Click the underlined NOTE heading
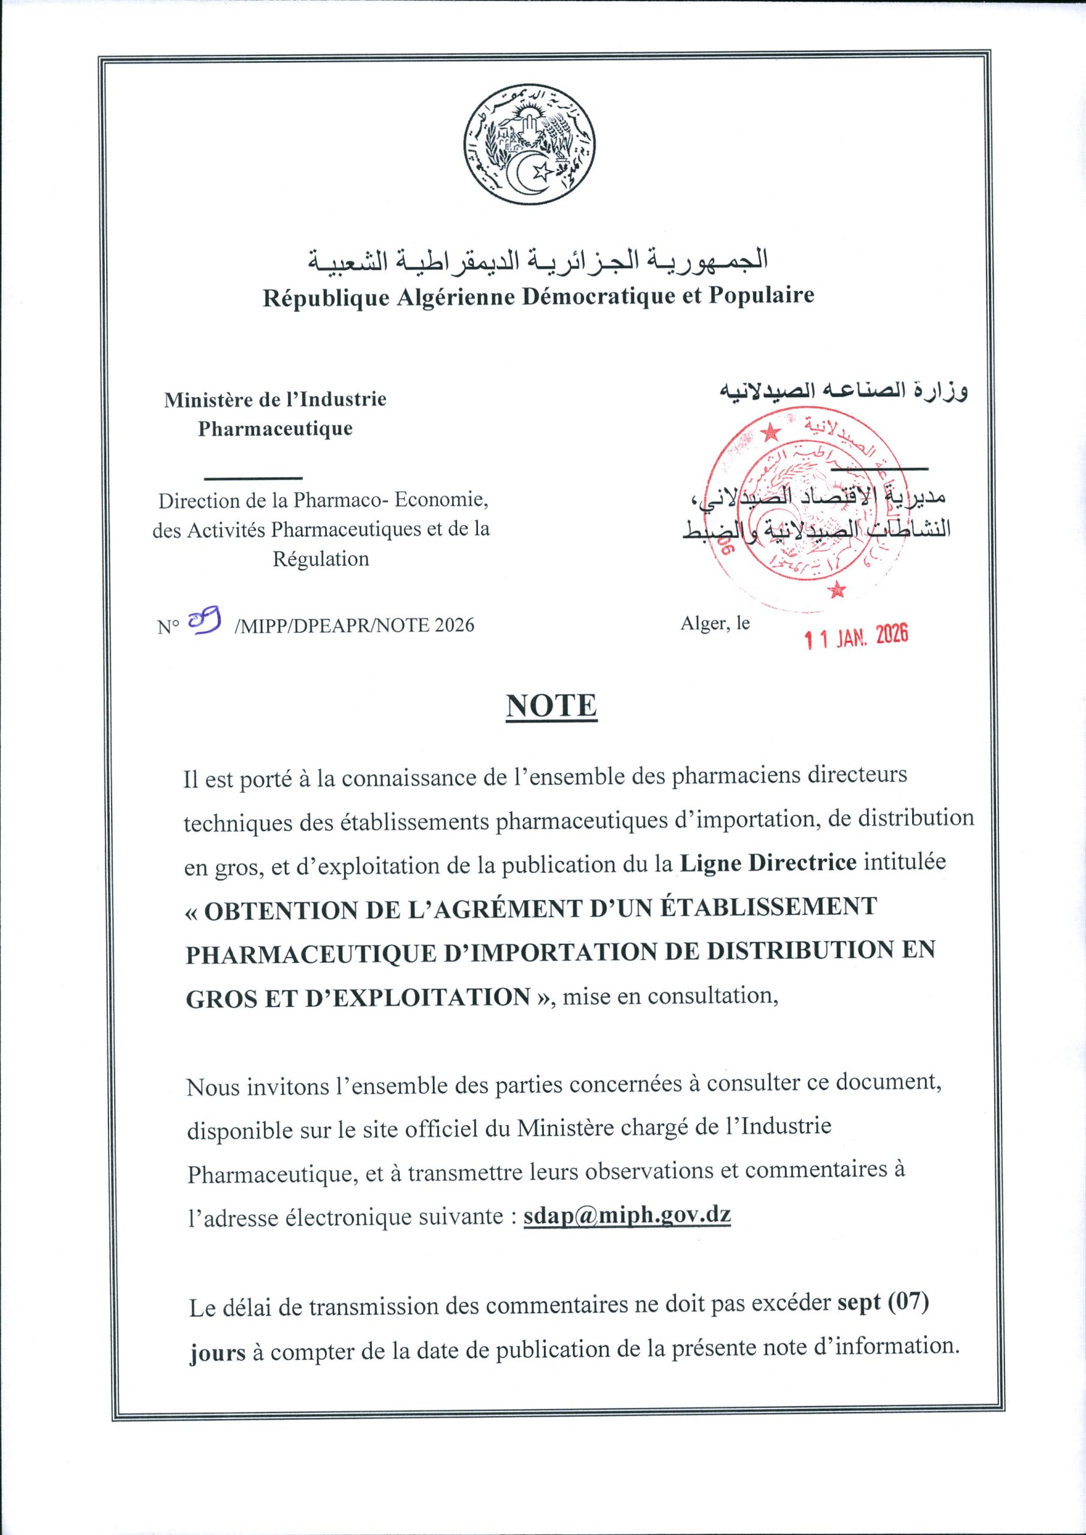(551, 706)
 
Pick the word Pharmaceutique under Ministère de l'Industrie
(275, 429)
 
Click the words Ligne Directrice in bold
(768, 862)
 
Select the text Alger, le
(715, 623)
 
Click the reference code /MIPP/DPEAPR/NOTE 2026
(354, 625)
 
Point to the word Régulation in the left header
(320, 558)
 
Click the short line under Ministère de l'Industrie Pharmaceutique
(253, 477)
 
